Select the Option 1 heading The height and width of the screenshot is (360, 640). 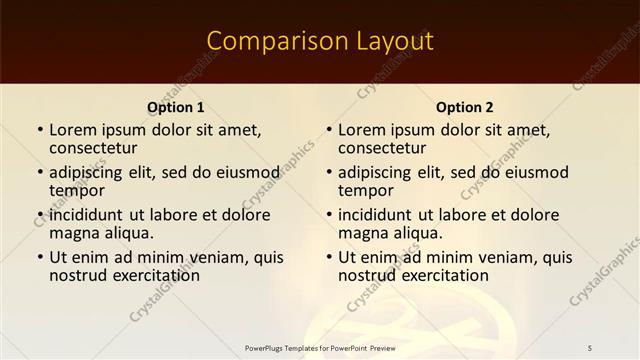point(176,107)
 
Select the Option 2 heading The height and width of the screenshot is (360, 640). point(465,107)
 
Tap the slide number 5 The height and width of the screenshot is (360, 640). point(590,347)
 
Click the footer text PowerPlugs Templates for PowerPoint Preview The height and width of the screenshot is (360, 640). point(319,347)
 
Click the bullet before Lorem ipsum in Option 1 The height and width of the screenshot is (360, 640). point(40,130)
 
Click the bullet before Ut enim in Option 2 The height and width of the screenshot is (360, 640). point(329,257)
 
